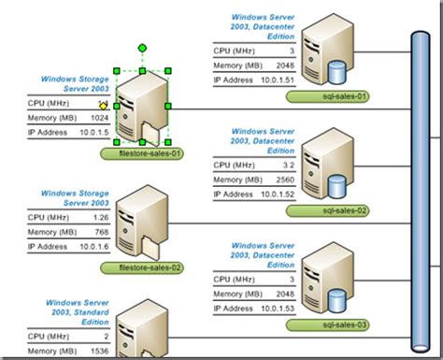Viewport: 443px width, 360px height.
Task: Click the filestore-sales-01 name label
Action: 146,152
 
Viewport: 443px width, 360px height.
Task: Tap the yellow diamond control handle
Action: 103,106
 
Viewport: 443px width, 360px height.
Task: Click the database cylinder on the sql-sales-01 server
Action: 339,71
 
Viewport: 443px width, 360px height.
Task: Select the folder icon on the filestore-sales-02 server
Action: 150,245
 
